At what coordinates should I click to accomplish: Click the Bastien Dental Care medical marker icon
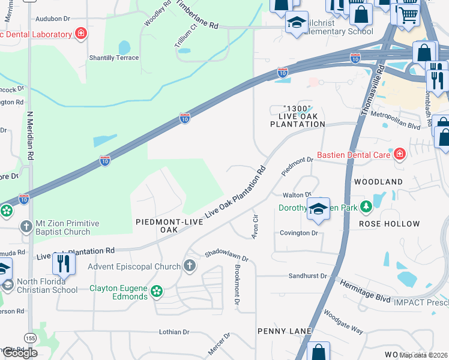[x=399, y=155]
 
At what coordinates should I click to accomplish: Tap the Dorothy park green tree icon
[x=364, y=208]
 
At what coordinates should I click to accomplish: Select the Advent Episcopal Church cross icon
[x=190, y=266]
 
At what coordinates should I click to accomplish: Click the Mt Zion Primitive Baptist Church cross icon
[x=25, y=227]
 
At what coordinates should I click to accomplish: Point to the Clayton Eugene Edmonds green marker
[x=157, y=292]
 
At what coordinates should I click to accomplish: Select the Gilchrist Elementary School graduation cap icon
[x=297, y=23]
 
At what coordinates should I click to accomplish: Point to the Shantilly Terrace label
[x=114, y=58]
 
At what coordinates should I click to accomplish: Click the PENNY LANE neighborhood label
[x=285, y=331]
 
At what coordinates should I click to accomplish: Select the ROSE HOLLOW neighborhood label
[x=389, y=224]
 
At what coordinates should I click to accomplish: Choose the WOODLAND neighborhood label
[x=378, y=181]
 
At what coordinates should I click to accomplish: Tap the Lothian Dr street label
[x=174, y=332]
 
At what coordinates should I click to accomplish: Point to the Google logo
[x=19, y=353]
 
